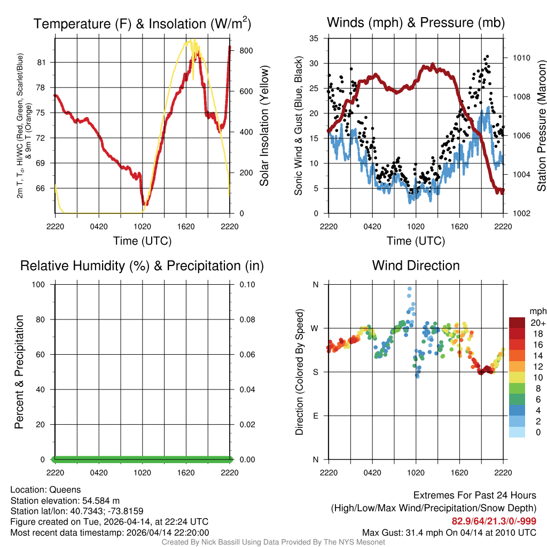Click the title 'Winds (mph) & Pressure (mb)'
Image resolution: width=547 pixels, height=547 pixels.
(416, 23)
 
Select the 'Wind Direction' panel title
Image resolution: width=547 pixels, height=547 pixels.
(416, 265)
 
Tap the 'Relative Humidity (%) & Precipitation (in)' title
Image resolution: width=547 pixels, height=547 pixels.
(142, 265)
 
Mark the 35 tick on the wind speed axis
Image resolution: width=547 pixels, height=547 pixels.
(314, 38)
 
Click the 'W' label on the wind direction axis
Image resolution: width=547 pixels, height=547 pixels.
(315, 329)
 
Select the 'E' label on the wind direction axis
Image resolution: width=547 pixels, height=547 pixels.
(315, 416)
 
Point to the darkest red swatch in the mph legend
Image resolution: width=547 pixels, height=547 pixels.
(517, 323)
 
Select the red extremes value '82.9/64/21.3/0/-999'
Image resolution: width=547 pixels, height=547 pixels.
(494, 521)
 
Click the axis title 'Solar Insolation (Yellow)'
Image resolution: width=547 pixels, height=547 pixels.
(264, 127)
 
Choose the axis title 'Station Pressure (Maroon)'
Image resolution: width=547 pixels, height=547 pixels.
(541, 127)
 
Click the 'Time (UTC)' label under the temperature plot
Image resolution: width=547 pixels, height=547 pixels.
(142, 241)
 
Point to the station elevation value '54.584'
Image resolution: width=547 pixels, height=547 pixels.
(98, 501)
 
